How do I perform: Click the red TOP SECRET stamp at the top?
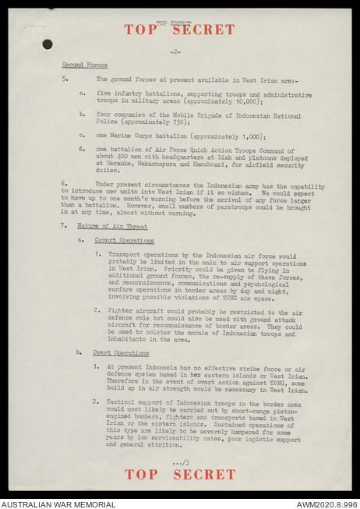pyautogui.click(x=179, y=30)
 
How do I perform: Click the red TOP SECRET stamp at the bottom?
pyautogui.click(x=179, y=474)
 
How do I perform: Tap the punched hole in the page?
pyautogui.click(x=48, y=44)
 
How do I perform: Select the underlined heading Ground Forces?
pyautogui.click(x=85, y=65)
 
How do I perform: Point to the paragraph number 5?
pyautogui.click(x=65, y=80)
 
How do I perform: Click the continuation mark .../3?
pyautogui.click(x=180, y=463)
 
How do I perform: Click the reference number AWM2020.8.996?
pyautogui.click(x=326, y=504)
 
